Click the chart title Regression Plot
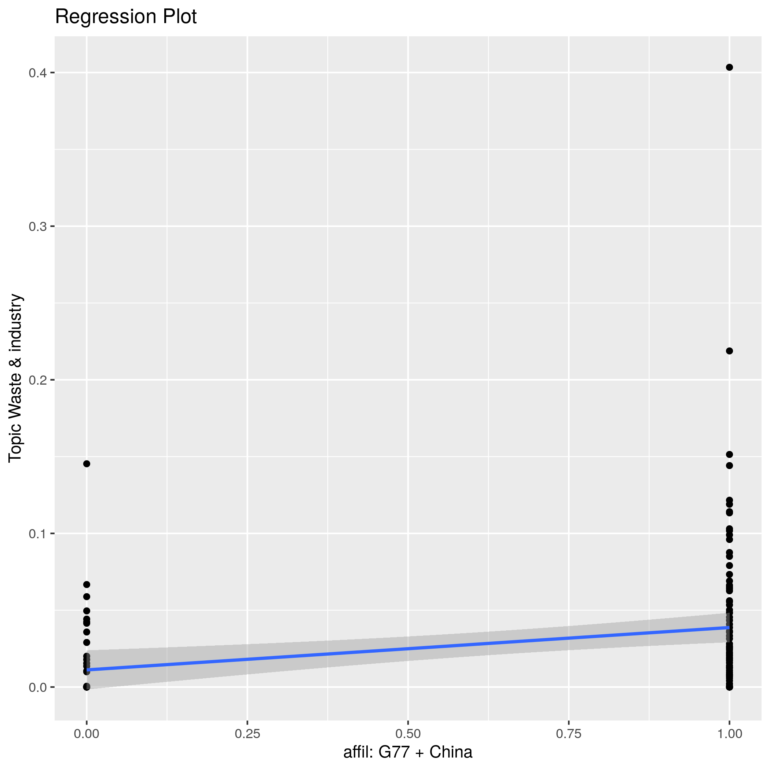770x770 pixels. coord(125,17)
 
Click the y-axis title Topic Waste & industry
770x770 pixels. coord(15,378)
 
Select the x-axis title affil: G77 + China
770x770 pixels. coord(408,752)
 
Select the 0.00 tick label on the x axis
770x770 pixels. coord(87,734)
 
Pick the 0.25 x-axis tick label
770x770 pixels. coord(247,734)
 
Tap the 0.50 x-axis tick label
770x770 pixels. coord(408,734)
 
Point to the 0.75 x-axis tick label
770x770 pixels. coord(568,734)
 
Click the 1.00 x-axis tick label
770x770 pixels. coord(729,734)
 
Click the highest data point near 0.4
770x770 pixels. coord(729,67)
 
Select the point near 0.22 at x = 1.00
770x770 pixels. coord(729,351)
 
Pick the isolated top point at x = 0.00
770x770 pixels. coord(87,463)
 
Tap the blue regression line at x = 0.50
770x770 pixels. coord(408,648)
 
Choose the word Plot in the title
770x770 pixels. coord(179,17)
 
